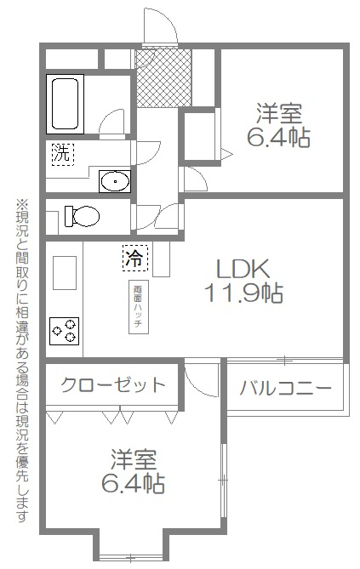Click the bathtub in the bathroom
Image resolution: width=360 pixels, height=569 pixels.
(65, 104)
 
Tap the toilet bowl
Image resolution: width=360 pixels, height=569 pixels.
(82, 216)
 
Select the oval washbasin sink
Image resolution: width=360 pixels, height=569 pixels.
(115, 181)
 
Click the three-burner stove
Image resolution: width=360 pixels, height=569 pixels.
(65, 331)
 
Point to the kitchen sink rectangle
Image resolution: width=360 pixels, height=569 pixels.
(65, 273)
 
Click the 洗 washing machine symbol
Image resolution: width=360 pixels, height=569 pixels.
(62, 154)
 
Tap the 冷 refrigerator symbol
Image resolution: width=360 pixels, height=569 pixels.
(135, 258)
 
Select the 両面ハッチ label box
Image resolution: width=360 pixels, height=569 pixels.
(139, 307)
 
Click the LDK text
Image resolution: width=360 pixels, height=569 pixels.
(243, 269)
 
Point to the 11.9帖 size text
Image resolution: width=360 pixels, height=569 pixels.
(243, 293)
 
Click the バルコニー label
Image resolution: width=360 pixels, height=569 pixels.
(285, 389)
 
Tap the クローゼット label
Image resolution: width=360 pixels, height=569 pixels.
(113, 384)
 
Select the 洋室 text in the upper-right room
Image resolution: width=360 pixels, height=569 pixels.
(278, 114)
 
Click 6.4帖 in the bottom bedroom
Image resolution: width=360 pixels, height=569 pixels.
(133, 483)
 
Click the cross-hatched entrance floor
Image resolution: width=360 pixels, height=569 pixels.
(163, 78)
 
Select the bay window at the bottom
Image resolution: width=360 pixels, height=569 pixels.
(131, 556)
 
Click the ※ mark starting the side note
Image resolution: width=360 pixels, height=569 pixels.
(21, 204)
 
